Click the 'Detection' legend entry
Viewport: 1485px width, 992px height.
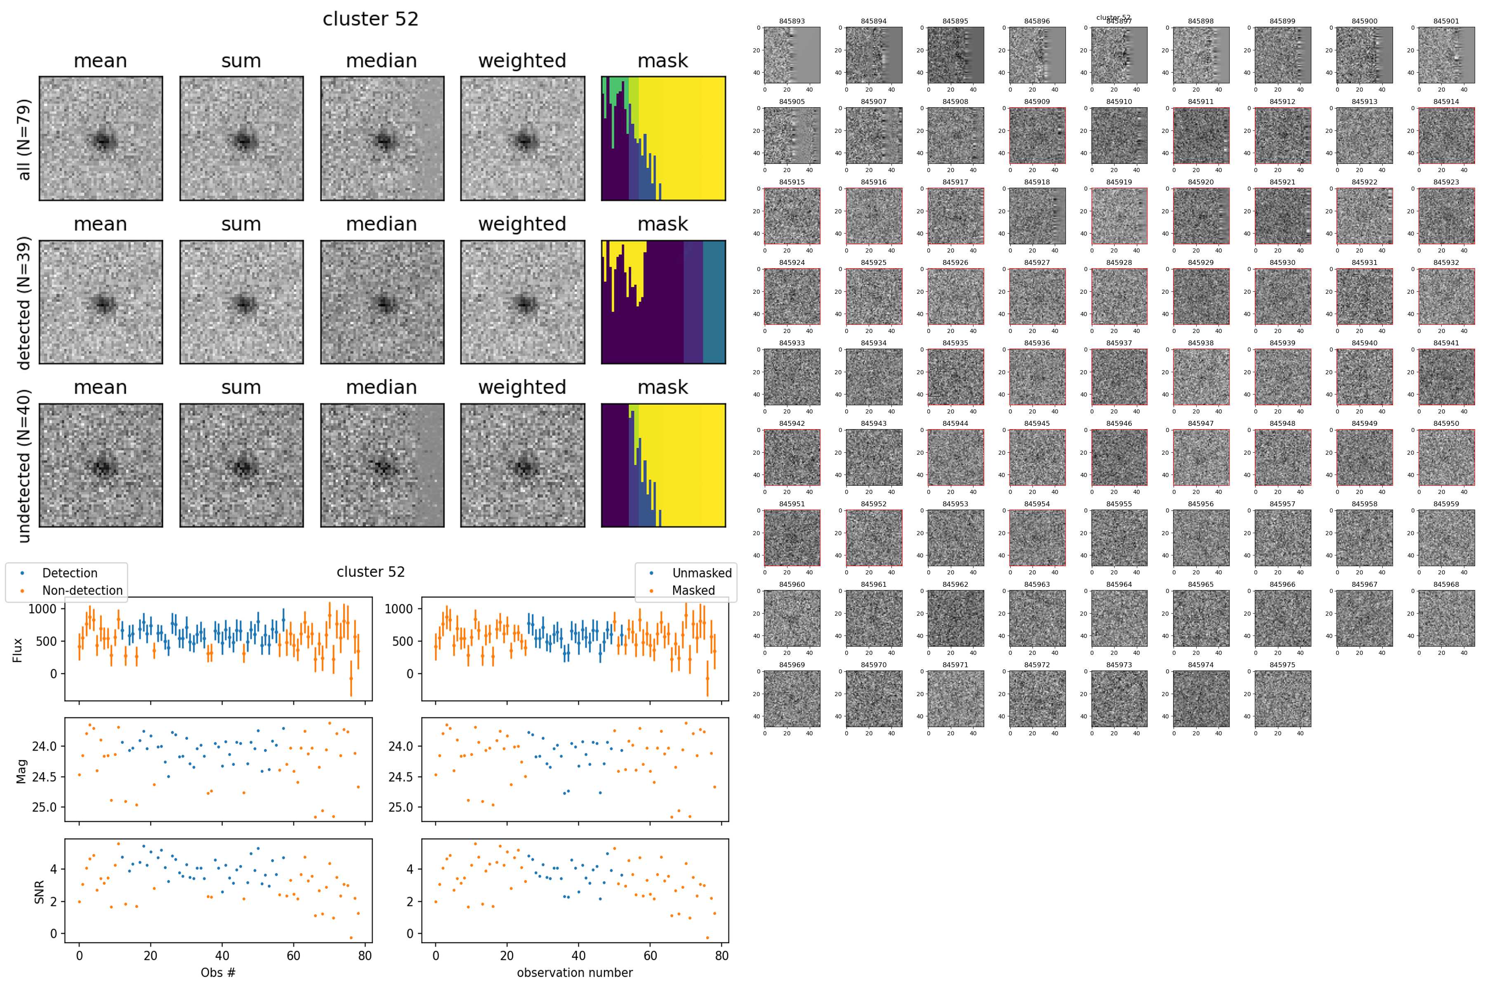pos(70,573)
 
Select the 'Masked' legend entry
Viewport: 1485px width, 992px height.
pos(693,590)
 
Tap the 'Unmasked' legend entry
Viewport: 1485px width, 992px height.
pos(701,573)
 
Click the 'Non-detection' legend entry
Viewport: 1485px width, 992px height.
pos(82,590)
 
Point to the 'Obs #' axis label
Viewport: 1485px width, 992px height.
pos(218,972)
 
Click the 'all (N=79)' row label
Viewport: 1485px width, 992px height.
pos(24,139)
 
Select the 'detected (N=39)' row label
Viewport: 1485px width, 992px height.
pos(24,302)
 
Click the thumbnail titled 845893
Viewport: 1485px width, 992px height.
pos(792,55)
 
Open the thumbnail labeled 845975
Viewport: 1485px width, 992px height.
pos(1282,699)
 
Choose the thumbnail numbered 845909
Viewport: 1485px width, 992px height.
pos(1037,135)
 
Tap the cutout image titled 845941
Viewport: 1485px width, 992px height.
pos(1446,377)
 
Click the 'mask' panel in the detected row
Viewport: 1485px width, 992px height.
pos(663,302)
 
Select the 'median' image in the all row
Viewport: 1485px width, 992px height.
pos(382,139)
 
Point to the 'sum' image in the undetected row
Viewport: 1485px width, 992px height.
pos(241,465)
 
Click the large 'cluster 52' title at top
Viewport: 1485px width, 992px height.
pos(370,19)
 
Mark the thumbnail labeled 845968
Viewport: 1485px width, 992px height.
pos(1446,618)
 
